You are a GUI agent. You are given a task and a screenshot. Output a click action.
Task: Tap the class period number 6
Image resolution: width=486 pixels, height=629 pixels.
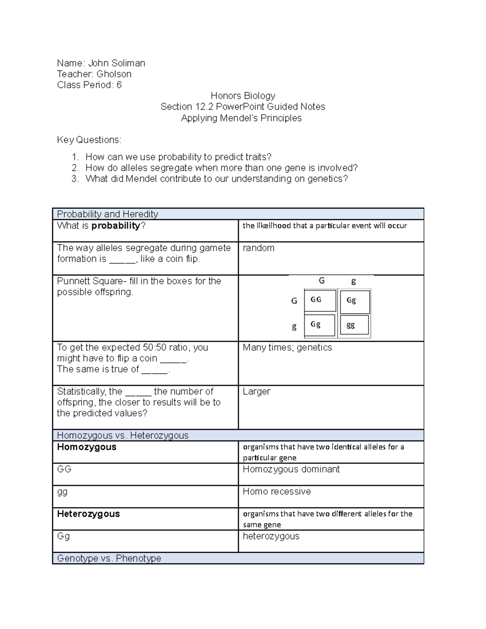click(119, 85)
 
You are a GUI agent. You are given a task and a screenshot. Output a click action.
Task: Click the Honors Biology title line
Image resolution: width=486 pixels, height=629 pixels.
click(243, 96)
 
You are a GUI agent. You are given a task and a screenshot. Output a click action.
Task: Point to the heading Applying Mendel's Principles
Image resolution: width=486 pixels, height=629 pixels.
click(241, 118)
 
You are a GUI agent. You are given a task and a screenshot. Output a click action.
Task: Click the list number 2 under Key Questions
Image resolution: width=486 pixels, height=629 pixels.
click(75, 168)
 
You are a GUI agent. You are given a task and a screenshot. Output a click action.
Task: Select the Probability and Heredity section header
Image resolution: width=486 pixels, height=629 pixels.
click(107, 214)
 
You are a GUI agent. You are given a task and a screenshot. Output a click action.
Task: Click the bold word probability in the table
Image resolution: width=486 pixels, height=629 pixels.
click(115, 226)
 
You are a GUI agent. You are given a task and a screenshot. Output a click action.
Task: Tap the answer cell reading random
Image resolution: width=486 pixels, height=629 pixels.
click(258, 248)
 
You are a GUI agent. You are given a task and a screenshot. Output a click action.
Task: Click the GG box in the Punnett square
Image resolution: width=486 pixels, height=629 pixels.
click(316, 300)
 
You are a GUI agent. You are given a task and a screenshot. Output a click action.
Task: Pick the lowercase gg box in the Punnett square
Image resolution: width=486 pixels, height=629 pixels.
click(351, 325)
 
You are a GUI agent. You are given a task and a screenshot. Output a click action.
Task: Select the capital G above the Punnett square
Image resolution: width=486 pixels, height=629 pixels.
click(322, 281)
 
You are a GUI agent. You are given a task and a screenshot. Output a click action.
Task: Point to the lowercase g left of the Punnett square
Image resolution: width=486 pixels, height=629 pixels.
click(294, 327)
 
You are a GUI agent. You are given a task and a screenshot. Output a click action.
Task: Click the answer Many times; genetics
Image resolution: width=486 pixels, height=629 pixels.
click(287, 348)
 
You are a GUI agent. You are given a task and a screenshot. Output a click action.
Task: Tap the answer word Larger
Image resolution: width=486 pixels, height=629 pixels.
click(256, 392)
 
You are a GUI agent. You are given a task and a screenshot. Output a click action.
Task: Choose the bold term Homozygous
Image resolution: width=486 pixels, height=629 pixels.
click(87, 447)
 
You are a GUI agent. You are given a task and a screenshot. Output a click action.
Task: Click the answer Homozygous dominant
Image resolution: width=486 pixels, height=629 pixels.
click(291, 469)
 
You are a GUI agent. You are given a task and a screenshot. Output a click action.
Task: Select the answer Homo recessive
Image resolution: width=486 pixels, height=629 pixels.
click(277, 492)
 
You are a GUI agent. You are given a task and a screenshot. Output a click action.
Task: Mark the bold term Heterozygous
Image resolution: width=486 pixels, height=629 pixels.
click(88, 514)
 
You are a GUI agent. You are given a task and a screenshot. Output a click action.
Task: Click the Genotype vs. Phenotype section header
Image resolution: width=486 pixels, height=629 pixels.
click(109, 559)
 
